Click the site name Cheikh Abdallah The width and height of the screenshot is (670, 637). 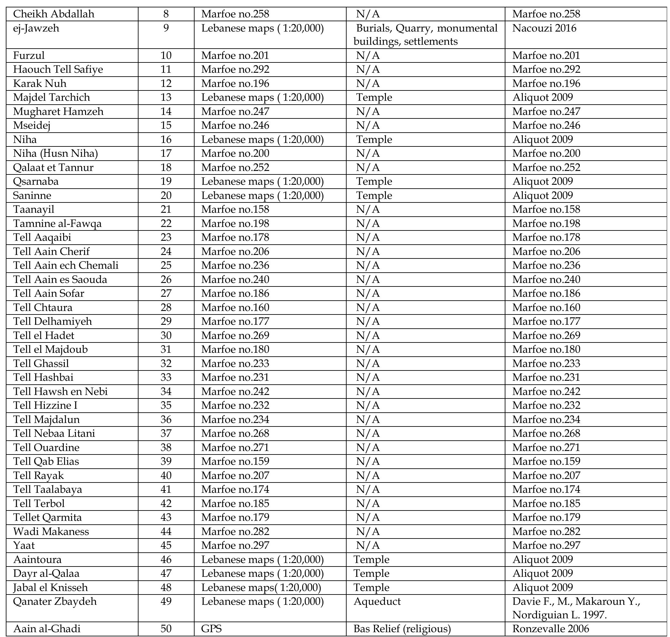tap(54, 14)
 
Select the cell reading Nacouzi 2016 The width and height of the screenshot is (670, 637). tap(544, 28)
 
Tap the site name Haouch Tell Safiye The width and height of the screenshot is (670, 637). tap(58, 70)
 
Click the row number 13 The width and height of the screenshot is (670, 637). tap(166, 98)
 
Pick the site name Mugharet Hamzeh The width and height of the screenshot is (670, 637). tap(58, 112)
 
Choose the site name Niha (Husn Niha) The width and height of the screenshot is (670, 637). tap(55, 154)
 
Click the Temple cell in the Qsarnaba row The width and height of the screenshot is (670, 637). tap(374, 182)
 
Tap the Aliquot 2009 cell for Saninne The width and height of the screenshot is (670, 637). tap(542, 196)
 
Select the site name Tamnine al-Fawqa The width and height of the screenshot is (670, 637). tap(57, 224)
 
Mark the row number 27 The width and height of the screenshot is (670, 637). tap(166, 293)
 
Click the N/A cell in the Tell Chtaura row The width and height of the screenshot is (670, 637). tap(368, 308)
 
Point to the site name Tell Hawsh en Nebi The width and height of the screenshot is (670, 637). tap(61, 391)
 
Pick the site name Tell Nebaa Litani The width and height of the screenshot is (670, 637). tap(54, 434)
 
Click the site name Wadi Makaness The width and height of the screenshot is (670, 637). tap(51, 531)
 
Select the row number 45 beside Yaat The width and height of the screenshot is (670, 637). tap(166, 546)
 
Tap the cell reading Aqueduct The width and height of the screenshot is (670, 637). tap(377, 602)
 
